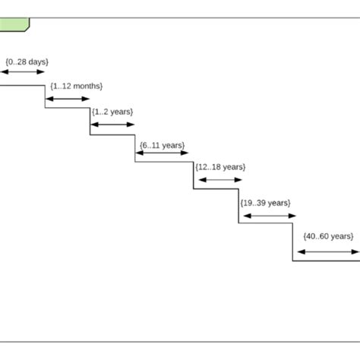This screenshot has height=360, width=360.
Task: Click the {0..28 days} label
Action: point(27,61)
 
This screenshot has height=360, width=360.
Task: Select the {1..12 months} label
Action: point(76,87)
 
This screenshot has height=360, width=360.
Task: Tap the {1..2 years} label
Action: point(112,112)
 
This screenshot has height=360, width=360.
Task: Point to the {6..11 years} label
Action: point(163,144)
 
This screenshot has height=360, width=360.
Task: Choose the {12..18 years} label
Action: point(220,166)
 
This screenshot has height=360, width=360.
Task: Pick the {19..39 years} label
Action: point(265,203)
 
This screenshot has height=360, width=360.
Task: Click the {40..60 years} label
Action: point(328,236)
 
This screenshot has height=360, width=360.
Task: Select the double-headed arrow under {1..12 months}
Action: point(68,99)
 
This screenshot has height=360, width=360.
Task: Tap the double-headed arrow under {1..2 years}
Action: point(112,124)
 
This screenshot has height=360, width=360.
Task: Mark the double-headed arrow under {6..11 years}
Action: point(162,154)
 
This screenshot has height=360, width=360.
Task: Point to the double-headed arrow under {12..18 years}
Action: point(219,180)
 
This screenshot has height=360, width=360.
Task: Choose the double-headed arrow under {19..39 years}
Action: point(267,216)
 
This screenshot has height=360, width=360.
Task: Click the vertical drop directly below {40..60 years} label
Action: point(293,242)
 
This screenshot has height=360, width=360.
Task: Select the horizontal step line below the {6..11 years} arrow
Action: point(164,162)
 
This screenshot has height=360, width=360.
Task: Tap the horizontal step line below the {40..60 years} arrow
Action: point(327,261)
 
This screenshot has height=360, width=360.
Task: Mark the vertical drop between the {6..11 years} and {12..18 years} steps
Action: point(193,175)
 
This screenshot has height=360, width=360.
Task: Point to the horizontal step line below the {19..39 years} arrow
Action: point(266,223)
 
